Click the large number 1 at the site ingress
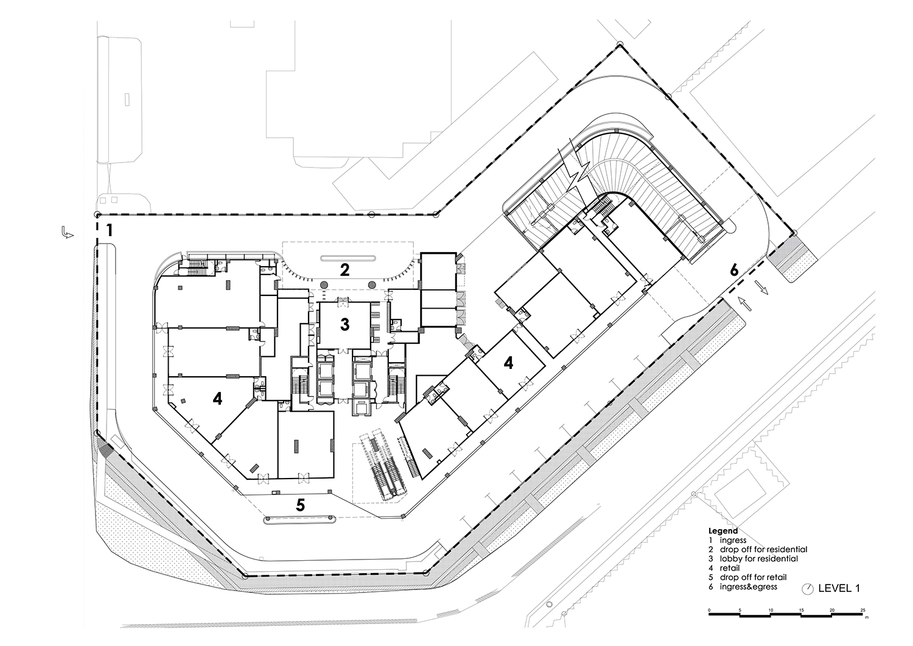(x=109, y=230)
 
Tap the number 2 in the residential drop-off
(x=345, y=270)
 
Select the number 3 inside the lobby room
(x=345, y=325)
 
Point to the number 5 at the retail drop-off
(x=301, y=505)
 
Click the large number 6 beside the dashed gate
(x=733, y=270)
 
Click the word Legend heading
(x=723, y=531)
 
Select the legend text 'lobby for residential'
(x=759, y=559)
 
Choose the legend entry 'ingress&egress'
(x=748, y=587)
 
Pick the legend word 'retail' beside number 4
(x=730, y=568)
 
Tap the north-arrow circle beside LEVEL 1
(x=807, y=589)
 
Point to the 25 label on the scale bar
(x=862, y=611)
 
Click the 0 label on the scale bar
(x=709, y=611)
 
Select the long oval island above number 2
(x=348, y=258)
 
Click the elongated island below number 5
(x=300, y=519)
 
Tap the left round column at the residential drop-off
(x=324, y=284)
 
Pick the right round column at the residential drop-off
(x=372, y=284)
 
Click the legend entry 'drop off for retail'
(x=754, y=577)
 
